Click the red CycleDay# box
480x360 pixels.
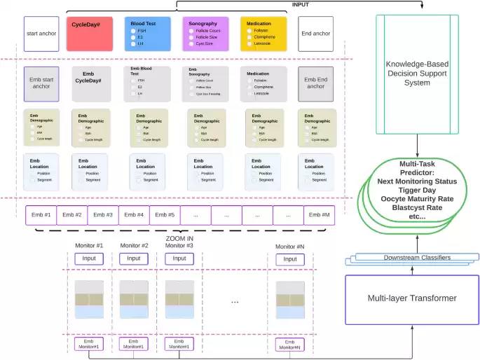[90, 34]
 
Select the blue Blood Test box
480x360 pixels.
[147, 34]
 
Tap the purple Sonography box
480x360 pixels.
[205, 34]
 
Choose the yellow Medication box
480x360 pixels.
[263, 34]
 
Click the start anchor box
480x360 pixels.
[41, 34]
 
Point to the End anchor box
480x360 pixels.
[315, 34]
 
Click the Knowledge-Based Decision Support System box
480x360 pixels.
[418, 74]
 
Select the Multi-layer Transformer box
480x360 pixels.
[412, 298]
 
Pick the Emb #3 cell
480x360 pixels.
[103, 215]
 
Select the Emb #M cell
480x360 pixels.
[318, 215]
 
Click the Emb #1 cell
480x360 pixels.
[41, 215]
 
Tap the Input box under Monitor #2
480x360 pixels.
[135, 258]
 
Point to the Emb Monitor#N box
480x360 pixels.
[290, 345]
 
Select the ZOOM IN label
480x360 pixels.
[179, 238]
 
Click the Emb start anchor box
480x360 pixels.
[41, 83]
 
